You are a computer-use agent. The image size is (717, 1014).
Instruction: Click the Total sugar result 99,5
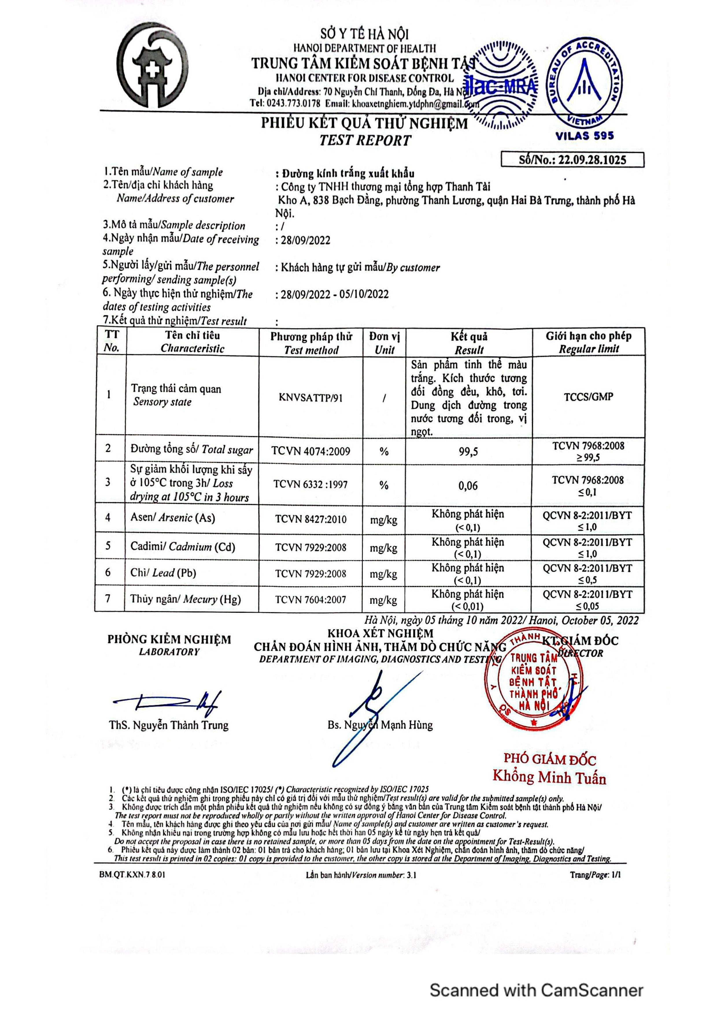pyautogui.click(x=468, y=451)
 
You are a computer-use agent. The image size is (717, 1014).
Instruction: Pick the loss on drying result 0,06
pyautogui.click(x=468, y=486)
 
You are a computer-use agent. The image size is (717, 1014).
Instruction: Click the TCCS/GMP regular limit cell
pyautogui.click(x=588, y=396)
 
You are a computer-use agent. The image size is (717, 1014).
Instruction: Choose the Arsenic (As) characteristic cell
pyautogui.click(x=173, y=518)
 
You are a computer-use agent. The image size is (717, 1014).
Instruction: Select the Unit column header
pyautogui.click(x=384, y=343)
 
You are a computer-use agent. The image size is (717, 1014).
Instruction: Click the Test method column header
pyautogui.click(x=311, y=343)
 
